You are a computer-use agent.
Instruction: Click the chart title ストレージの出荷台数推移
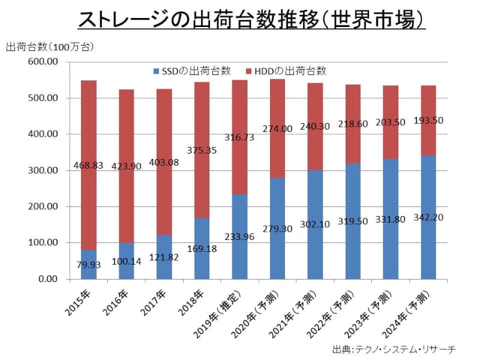(252, 20)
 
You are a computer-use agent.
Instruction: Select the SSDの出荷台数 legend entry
(192, 70)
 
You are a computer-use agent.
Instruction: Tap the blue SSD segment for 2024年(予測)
(428, 240)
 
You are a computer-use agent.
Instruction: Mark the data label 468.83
(89, 166)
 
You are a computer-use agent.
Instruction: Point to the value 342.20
(428, 216)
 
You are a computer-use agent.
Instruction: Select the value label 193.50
(428, 120)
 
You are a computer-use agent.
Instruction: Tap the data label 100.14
(127, 262)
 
